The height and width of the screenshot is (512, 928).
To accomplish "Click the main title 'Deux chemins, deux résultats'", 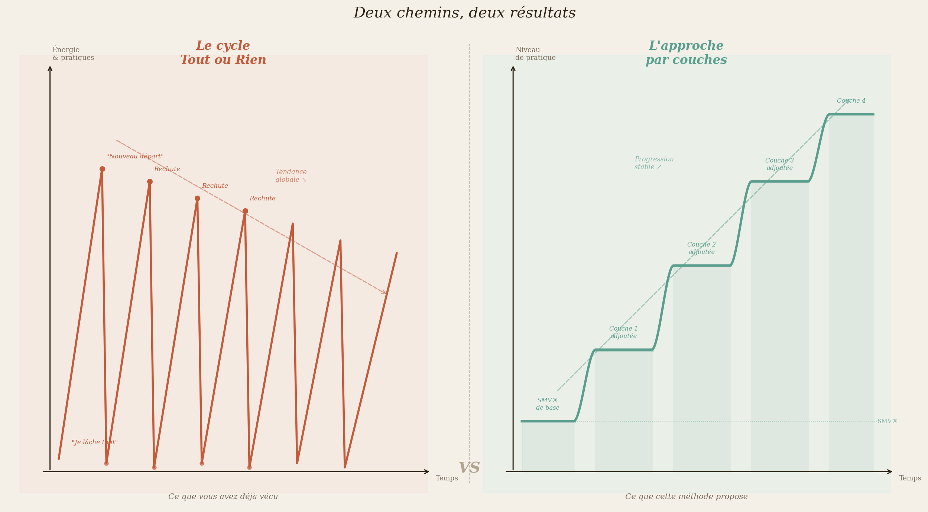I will pyautogui.click(x=464, y=13).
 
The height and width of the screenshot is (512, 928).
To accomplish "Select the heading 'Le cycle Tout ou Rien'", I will pyautogui.click(x=223, y=53).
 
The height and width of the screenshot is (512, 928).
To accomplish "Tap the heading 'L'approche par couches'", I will pyautogui.click(x=686, y=53).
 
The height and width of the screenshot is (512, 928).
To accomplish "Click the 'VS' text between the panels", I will pyautogui.click(x=469, y=468).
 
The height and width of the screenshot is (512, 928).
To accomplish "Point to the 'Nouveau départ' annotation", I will pyautogui.click(x=135, y=157).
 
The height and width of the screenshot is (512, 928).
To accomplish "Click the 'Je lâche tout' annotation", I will pyautogui.click(x=95, y=442).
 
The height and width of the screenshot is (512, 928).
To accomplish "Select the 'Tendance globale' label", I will pyautogui.click(x=291, y=176).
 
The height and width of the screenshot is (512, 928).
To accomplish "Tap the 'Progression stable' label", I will pyautogui.click(x=654, y=163).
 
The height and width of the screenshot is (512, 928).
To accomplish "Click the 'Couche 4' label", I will pyautogui.click(x=851, y=101).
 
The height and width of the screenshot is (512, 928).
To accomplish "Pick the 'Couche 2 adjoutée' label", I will pyautogui.click(x=701, y=248).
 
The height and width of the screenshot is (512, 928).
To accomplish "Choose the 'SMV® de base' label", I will pyautogui.click(x=548, y=404).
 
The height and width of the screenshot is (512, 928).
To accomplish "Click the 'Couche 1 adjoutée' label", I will pyautogui.click(x=623, y=332).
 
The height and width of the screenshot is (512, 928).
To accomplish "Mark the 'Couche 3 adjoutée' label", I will pyautogui.click(x=779, y=164).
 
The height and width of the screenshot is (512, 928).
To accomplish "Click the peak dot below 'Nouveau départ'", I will pyautogui.click(x=102, y=169).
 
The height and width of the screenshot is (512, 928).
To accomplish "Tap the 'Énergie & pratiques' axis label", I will pyautogui.click(x=73, y=54).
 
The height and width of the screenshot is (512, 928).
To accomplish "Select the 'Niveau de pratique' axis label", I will pyautogui.click(x=535, y=54).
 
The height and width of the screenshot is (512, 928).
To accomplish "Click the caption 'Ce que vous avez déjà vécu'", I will pyautogui.click(x=223, y=497).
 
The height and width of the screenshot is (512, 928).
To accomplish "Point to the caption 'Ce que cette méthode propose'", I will pyautogui.click(x=686, y=497).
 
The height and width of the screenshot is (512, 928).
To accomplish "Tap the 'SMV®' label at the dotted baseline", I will pyautogui.click(x=887, y=421).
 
